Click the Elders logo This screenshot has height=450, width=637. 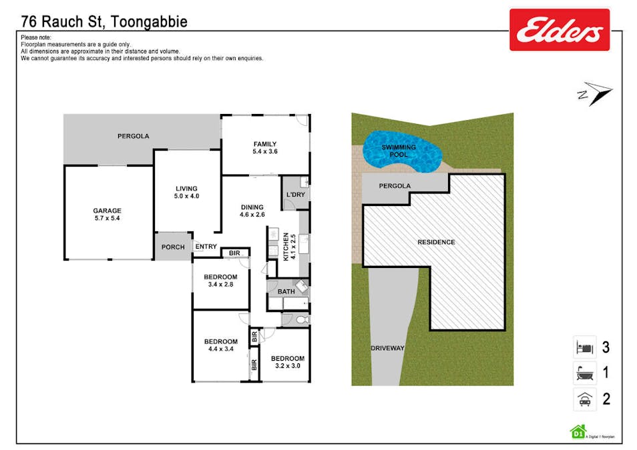pos(560,30)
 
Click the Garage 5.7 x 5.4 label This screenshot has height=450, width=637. pos(107,215)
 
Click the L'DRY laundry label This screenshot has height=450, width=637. pos(294,195)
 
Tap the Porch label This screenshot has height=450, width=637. pos(174,247)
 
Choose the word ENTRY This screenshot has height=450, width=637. pos(206,247)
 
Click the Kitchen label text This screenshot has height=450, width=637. pos(286,246)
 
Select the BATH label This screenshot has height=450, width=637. pos(286,291)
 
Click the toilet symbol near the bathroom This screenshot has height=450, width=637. pos(300,320)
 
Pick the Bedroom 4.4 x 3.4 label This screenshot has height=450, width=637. pos(220,345)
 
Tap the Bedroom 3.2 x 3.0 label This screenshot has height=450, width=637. pos(287,362)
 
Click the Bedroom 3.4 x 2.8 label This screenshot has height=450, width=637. pos(220,281)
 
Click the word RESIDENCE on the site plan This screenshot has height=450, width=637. pos(436,242)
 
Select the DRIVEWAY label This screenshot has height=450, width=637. pos(388,348)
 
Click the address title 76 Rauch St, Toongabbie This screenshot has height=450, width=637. pos(104,21)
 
